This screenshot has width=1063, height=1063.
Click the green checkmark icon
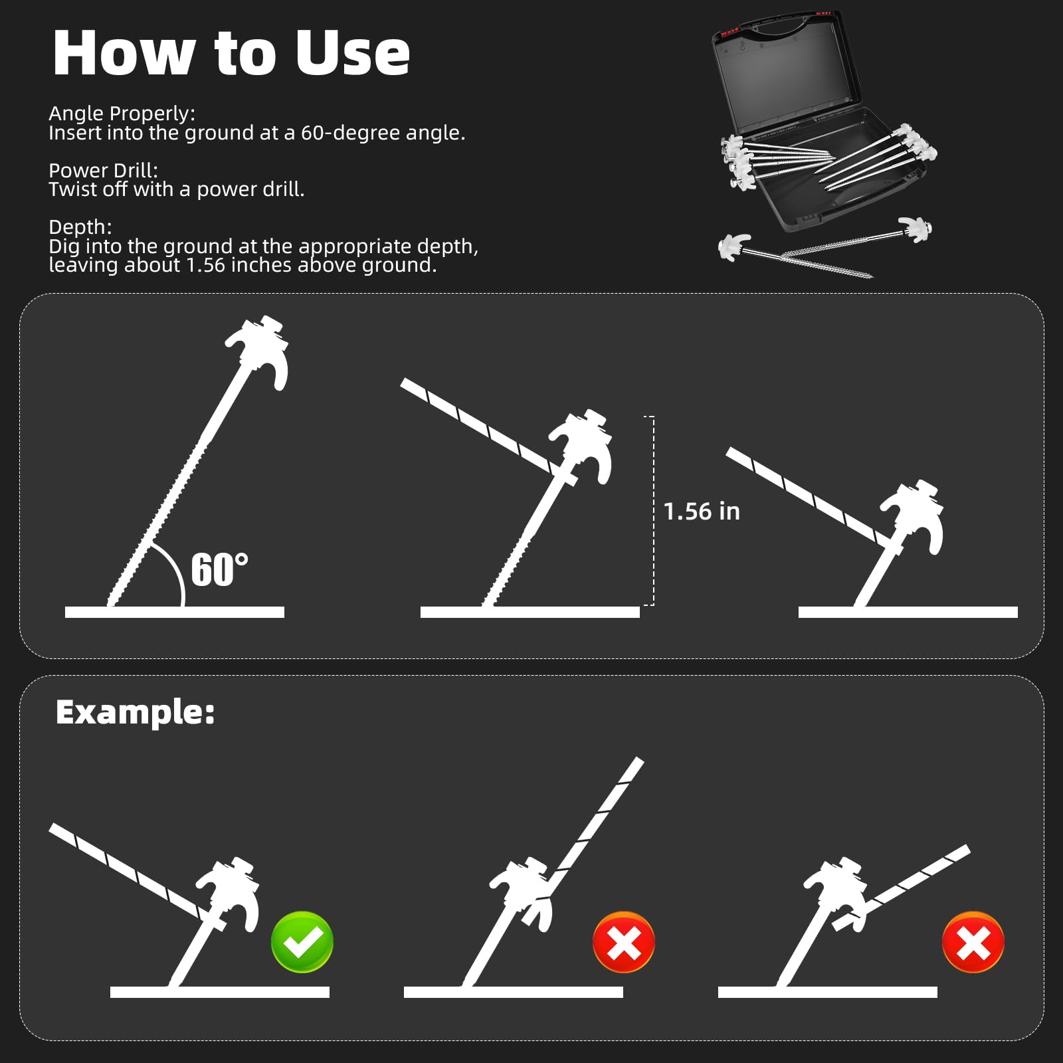302,942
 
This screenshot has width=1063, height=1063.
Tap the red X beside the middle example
624,942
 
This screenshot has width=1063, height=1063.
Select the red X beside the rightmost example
973,942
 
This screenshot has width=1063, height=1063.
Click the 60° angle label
220,569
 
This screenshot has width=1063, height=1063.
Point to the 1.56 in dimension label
702,511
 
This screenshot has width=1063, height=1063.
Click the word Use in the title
352,53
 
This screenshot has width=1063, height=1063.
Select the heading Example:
136,712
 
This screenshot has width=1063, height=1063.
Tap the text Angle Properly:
122,114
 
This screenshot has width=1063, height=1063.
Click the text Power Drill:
104,170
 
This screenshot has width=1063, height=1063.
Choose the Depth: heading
80,227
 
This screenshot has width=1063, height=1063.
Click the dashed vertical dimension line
652,510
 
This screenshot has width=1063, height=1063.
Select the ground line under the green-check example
220,992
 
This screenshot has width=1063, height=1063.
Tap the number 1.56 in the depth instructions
205,265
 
